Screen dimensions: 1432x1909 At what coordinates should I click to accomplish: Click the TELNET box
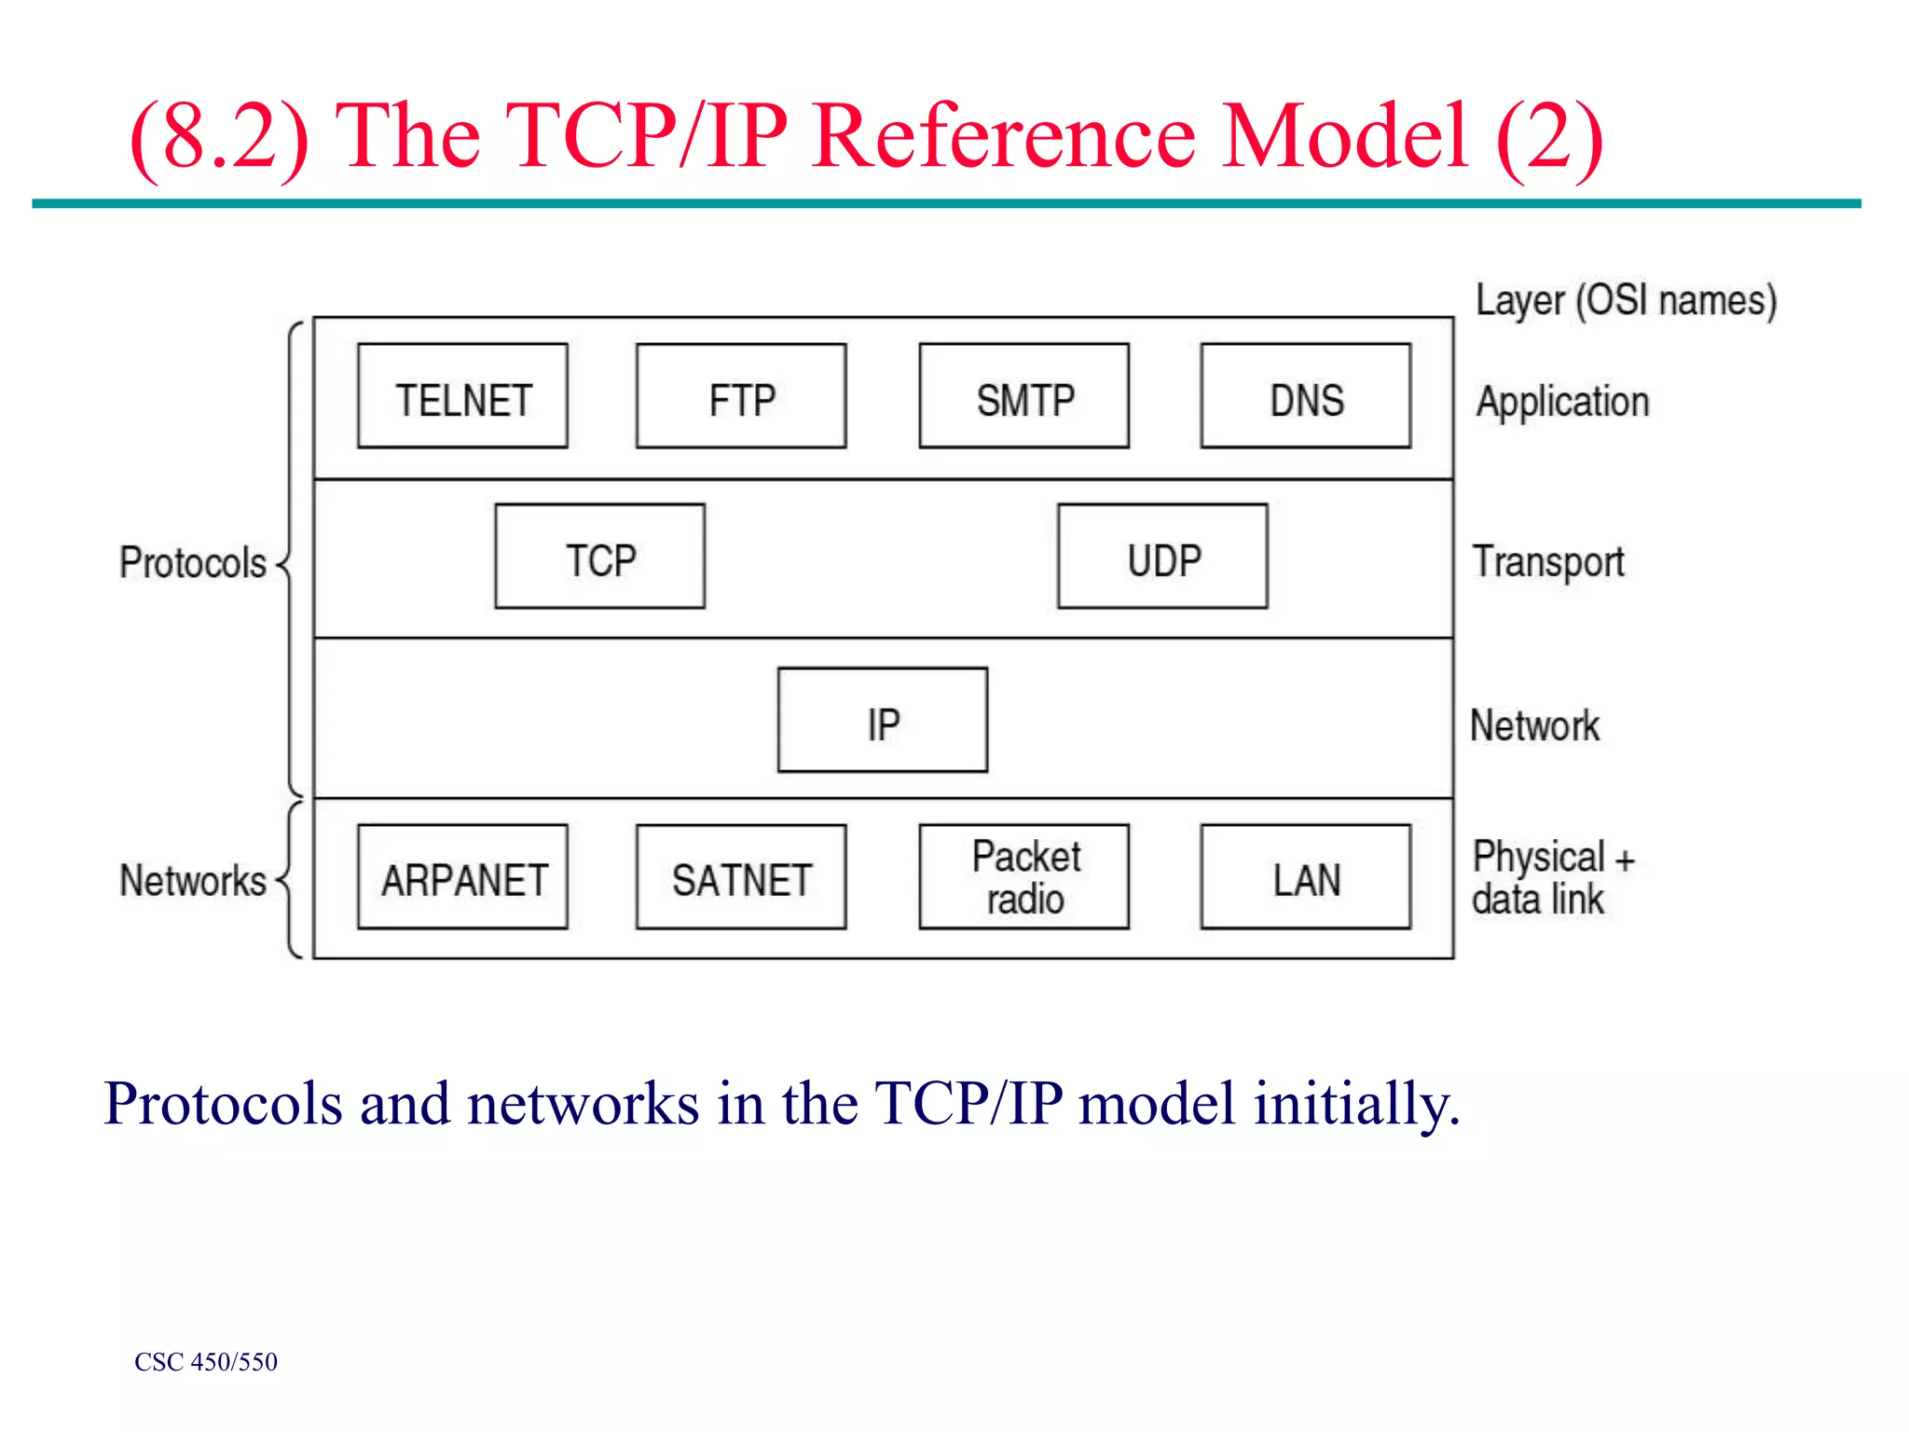462,396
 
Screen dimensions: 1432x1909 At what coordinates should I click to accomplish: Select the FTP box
741,396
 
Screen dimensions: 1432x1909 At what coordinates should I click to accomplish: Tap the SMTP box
1023,396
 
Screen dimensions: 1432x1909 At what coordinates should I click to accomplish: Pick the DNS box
1305,396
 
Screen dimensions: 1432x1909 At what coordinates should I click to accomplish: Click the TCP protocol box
599,557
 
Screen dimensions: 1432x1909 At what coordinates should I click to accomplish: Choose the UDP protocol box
1162,557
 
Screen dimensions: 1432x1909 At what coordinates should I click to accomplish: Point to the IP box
882,720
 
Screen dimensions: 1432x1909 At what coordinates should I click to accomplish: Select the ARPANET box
462,876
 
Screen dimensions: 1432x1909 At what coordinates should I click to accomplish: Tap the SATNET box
741,876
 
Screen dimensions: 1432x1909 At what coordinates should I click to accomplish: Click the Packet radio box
1023,876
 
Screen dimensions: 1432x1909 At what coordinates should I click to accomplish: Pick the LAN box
1305,876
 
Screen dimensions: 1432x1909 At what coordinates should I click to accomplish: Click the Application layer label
1562,402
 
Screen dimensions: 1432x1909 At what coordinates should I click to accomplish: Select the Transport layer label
1548,562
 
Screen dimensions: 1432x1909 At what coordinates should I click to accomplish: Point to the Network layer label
1534,725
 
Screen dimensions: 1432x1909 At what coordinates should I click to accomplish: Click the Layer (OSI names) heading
1626,301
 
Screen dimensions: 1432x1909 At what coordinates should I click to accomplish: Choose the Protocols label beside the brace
193,563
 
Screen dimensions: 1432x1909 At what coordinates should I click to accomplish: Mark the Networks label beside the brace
193,881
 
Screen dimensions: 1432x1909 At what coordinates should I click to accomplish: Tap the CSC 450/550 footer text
206,1362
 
